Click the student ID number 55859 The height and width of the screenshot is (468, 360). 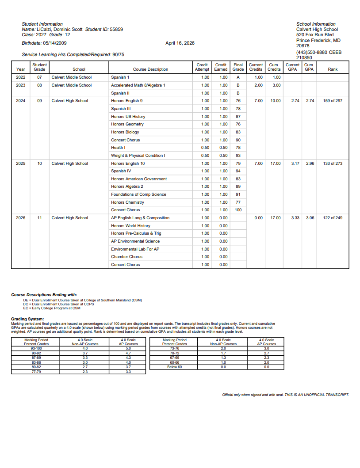(x=116, y=29)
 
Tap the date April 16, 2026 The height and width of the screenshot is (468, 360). (x=180, y=43)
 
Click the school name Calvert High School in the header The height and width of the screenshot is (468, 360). (x=317, y=29)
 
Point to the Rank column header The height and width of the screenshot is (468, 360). (x=333, y=69)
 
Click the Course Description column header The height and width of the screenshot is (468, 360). (x=150, y=69)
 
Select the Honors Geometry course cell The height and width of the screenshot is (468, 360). (x=127, y=124)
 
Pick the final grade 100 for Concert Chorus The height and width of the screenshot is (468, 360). (x=238, y=210)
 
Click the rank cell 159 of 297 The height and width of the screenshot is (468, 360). (x=333, y=101)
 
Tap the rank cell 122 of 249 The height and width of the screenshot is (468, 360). (x=333, y=218)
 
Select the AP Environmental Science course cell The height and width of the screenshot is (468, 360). (x=135, y=241)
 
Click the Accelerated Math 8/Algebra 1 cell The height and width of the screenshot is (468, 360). (x=138, y=85)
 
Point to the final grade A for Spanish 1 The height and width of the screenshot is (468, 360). (x=238, y=77)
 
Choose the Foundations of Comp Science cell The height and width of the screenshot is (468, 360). (x=138, y=194)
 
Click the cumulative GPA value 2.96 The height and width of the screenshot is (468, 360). (x=310, y=164)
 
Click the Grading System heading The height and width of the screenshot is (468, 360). (x=27, y=319)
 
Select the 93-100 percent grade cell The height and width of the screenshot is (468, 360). (x=36, y=349)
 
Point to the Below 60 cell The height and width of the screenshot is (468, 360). (x=174, y=367)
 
